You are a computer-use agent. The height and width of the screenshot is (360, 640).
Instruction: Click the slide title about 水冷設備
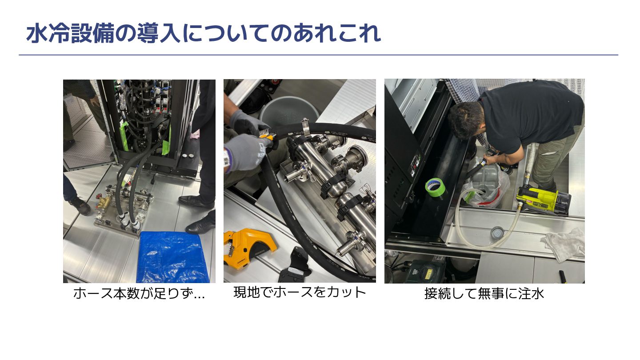click(203, 33)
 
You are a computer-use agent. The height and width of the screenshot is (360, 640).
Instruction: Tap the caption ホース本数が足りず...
click(139, 293)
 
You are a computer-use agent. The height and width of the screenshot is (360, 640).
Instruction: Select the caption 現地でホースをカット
click(300, 292)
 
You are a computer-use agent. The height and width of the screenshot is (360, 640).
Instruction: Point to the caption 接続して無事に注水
click(484, 293)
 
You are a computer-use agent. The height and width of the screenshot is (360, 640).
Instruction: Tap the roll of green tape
click(435, 187)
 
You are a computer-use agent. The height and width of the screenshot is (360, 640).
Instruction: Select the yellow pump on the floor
click(543, 200)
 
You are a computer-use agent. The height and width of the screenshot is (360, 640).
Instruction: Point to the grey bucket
click(288, 110)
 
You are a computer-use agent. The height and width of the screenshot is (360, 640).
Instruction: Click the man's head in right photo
click(466, 120)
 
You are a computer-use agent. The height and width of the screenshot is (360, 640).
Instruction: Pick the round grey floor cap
click(497, 233)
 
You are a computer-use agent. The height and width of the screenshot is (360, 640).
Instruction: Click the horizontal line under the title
click(318, 55)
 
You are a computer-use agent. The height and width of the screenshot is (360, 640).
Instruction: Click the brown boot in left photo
click(80, 205)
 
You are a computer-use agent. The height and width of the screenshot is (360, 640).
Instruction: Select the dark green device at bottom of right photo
click(426, 271)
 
